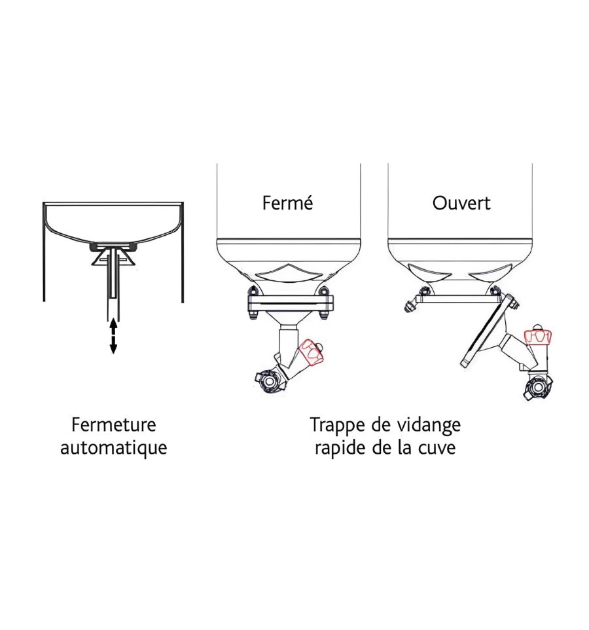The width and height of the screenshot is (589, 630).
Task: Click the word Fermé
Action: [287, 203]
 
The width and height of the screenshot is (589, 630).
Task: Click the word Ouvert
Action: [461, 203]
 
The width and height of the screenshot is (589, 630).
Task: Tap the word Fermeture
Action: [114, 424]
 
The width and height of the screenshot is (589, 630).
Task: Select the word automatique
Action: [114, 447]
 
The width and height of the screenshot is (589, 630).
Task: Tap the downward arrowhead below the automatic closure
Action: [114, 349]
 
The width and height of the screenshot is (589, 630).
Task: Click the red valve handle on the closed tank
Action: [312, 352]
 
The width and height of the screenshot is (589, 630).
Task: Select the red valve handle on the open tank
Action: [537, 337]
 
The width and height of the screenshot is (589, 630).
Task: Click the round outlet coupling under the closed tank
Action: [268, 379]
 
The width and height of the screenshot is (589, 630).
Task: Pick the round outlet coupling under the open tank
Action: [538, 387]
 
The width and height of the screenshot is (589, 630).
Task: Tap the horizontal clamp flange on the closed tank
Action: [291, 303]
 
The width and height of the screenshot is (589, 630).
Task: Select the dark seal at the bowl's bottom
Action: [114, 246]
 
